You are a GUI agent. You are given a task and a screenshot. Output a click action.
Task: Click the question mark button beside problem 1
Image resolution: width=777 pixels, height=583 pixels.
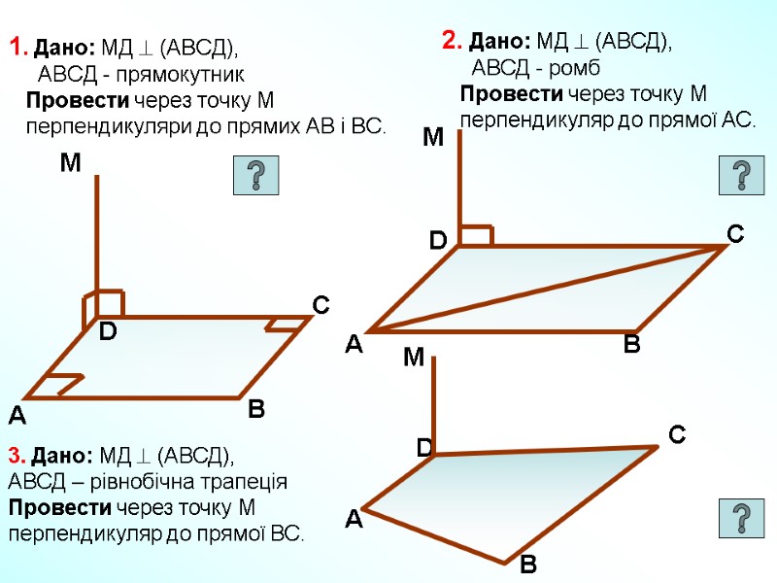click(256, 176)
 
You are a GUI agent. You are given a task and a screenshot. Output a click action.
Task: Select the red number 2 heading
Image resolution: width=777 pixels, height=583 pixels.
click(450, 40)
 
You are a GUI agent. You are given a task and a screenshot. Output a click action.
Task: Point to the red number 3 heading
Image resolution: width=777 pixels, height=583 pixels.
click(15, 455)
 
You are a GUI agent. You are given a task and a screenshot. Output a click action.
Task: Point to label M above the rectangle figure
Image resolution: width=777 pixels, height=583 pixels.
click(70, 164)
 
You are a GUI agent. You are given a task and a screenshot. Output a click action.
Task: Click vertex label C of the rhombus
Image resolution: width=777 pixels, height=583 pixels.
click(735, 233)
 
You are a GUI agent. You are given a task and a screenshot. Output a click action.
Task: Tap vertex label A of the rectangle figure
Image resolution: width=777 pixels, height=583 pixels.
click(17, 417)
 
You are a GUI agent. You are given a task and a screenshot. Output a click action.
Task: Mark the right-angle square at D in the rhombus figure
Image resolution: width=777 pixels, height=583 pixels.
click(477, 235)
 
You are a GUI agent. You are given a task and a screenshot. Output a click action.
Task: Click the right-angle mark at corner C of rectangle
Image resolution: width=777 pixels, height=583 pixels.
click(284, 324)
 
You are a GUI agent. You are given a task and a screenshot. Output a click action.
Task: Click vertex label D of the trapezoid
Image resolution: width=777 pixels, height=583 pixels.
click(423, 448)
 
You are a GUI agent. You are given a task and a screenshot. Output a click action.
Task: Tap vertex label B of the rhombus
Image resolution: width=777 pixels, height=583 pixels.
click(631, 344)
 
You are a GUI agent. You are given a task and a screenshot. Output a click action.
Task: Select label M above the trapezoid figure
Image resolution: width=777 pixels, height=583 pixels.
click(415, 360)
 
